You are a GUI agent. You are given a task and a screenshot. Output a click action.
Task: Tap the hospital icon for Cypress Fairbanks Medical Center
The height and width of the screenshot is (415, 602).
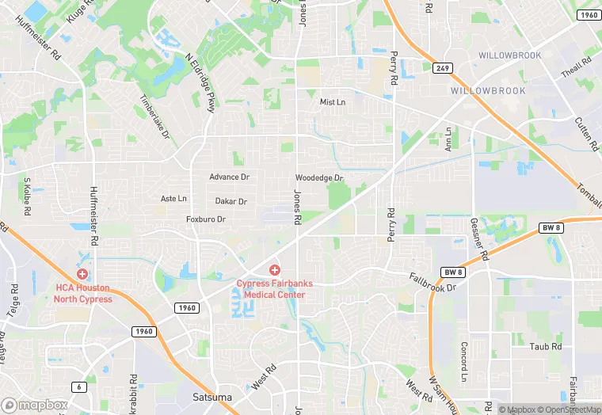point(275,271)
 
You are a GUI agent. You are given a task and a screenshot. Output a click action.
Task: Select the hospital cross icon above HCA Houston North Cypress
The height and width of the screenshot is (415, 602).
point(82,274)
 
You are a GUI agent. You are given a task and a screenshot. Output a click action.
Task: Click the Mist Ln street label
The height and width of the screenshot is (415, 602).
point(333,102)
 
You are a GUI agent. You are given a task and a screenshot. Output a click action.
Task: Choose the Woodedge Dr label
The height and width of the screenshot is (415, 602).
point(318,178)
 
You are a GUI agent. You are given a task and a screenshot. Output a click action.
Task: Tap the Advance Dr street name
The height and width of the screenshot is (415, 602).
point(229,177)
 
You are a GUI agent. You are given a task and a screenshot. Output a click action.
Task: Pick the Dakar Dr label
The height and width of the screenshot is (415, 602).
point(231,201)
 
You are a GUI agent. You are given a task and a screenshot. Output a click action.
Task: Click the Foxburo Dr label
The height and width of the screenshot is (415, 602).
point(206,219)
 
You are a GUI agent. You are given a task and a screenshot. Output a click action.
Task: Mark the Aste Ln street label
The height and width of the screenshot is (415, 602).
point(173,198)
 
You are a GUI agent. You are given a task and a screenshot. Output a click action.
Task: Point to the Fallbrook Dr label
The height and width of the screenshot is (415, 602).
point(433,280)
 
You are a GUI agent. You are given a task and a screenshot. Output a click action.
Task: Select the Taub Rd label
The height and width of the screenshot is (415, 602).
point(546,347)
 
